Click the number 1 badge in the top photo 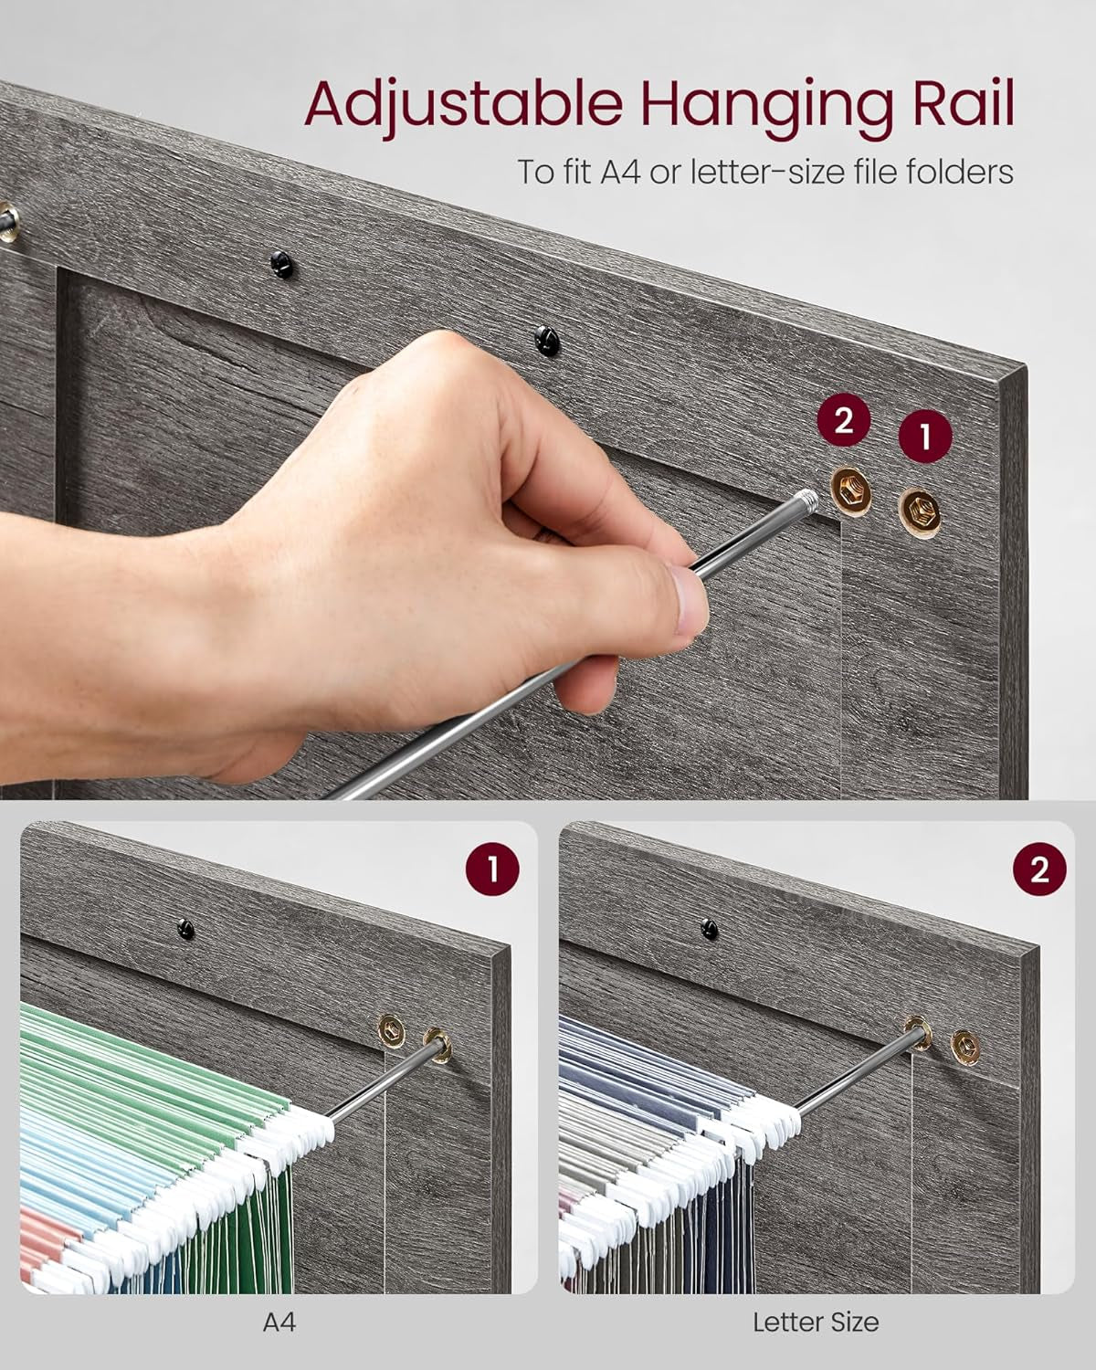tap(925, 437)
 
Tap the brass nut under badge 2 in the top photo tap(850, 494)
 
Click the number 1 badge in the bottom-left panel tap(492, 869)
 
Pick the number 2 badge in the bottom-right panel tap(1039, 869)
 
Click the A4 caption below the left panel tap(279, 1322)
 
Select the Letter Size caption tap(816, 1322)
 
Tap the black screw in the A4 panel tap(186, 931)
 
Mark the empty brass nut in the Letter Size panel tap(964, 1046)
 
